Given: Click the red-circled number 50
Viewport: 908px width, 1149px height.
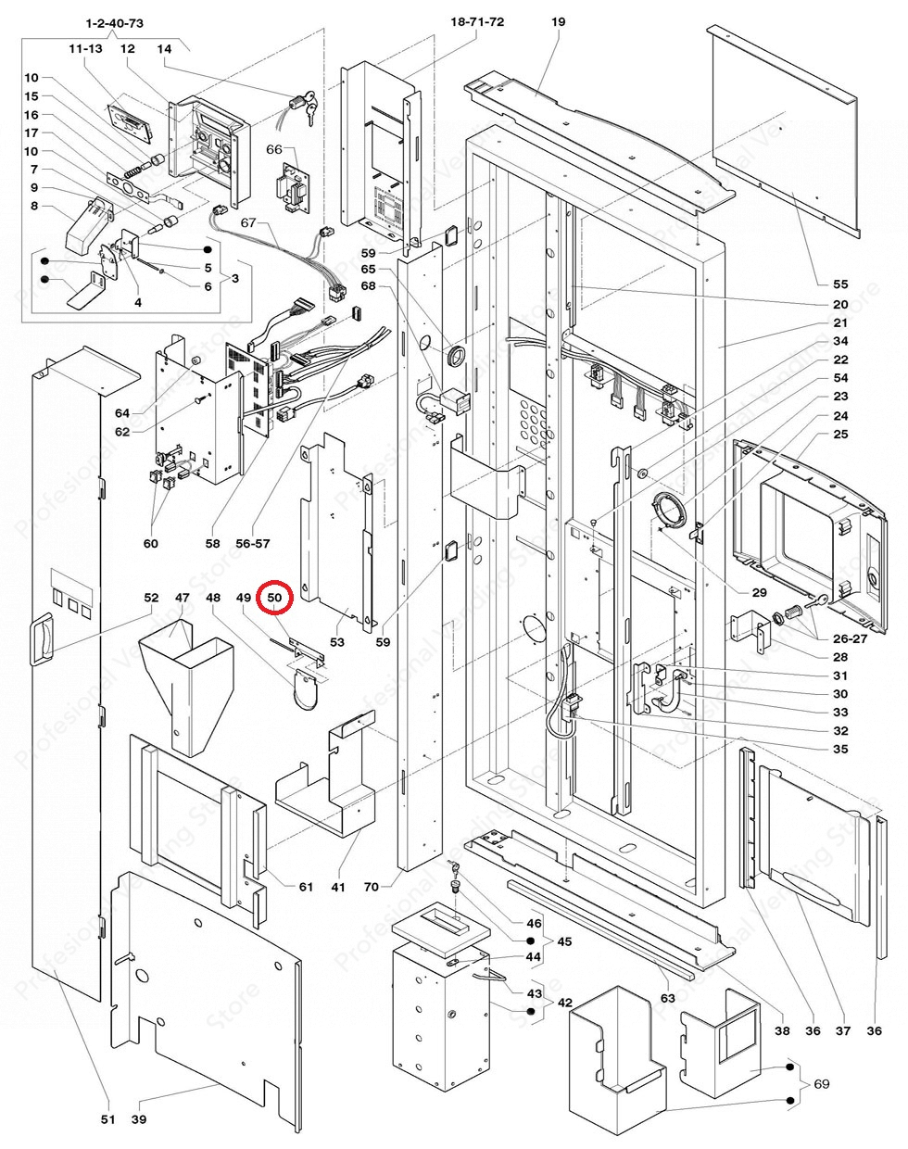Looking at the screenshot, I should pyautogui.click(x=275, y=599).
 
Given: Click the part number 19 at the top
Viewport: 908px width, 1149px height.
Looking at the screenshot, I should pyautogui.click(x=557, y=21).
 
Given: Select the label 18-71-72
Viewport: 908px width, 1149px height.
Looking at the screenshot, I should pyautogui.click(x=477, y=21).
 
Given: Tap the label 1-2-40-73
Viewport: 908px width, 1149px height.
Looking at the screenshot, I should pyautogui.click(x=114, y=21).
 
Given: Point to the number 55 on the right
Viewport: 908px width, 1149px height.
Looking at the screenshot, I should pyautogui.click(x=839, y=284).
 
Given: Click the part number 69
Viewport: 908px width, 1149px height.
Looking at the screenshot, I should pyautogui.click(x=821, y=1083).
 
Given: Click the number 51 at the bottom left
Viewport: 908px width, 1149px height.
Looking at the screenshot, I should pyautogui.click(x=107, y=1119).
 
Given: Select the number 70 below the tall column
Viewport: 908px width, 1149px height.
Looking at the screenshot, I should pyautogui.click(x=371, y=887).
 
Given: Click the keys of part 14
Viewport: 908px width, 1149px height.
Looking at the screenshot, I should pyautogui.click(x=306, y=106).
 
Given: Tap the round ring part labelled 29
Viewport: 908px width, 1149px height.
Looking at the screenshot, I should pyautogui.click(x=669, y=511).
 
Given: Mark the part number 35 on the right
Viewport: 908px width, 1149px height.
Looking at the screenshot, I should pyautogui.click(x=839, y=749).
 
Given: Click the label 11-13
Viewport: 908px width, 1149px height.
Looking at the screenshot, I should pyautogui.click(x=84, y=48).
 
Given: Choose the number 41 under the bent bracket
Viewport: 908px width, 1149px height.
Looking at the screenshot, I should pyautogui.click(x=338, y=887).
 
